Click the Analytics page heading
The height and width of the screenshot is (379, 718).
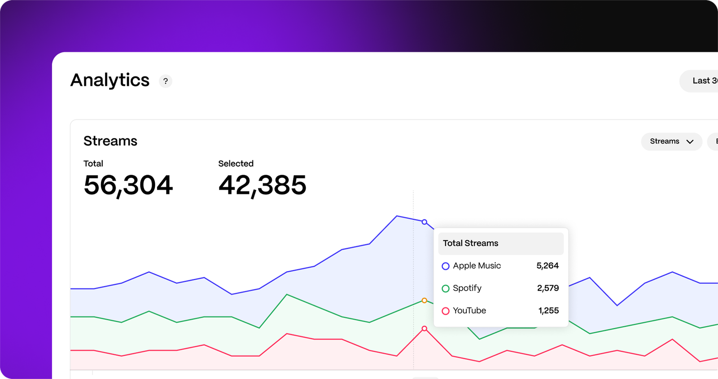tap(110, 80)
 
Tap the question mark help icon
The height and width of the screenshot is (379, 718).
tap(166, 81)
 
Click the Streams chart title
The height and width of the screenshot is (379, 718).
tap(110, 141)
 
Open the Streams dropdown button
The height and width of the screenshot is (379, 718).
tap(671, 141)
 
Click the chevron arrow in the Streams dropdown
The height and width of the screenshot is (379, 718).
tap(690, 142)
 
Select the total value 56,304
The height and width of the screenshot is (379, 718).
tap(128, 185)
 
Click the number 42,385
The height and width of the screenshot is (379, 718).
tap(263, 185)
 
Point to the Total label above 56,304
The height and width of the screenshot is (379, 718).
tap(93, 163)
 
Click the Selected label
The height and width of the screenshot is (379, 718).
tap(236, 163)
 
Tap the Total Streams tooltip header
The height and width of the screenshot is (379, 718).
tap(471, 243)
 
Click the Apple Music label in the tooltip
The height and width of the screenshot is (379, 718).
tap(477, 266)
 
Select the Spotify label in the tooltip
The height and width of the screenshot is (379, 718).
tap(467, 288)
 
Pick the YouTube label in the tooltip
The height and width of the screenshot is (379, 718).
tap(469, 311)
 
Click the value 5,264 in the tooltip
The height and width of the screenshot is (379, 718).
tap(547, 266)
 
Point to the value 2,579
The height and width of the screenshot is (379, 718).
tap(548, 288)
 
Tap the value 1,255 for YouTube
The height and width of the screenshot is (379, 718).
tap(548, 311)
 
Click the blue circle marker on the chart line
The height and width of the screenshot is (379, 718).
tap(425, 222)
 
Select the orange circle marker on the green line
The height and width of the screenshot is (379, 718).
tap(425, 300)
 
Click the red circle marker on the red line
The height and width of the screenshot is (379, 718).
tap(425, 329)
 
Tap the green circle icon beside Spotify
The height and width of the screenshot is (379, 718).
tap(446, 289)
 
